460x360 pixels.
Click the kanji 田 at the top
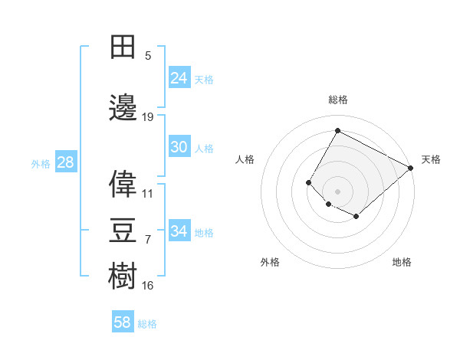tap(123, 47)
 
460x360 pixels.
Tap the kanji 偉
tap(123, 184)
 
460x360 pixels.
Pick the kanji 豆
tap(123, 230)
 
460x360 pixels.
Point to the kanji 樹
tap(123, 276)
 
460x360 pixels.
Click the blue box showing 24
tap(179, 78)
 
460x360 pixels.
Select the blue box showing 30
tap(179, 147)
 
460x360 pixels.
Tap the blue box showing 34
tap(179, 231)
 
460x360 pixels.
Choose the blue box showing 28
tap(65, 162)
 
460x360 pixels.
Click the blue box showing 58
tap(123, 322)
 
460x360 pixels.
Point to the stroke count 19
tap(148, 117)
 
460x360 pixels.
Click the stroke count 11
tap(148, 194)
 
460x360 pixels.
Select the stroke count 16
tap(148, 286)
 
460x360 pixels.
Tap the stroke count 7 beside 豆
tap(148, 240)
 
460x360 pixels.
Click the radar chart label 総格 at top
tap(338, 100)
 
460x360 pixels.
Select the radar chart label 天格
tap(431, 159)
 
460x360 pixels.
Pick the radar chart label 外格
tap(270, 262)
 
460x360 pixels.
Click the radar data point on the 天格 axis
tap(411, 168)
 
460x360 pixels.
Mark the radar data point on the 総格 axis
tap(337, 130)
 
